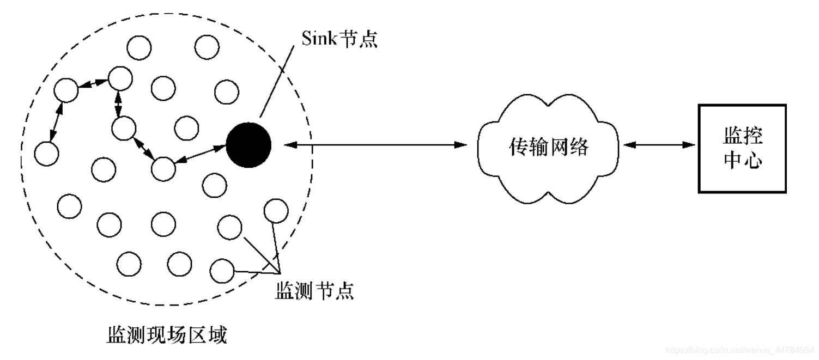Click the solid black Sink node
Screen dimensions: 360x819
248,145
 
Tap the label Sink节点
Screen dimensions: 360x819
339,39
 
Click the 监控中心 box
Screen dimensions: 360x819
742,148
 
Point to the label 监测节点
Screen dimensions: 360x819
313,291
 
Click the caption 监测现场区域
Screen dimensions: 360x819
166,335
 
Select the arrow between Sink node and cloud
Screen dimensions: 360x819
376,145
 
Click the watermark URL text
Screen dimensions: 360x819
740,348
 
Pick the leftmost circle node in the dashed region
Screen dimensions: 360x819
46,154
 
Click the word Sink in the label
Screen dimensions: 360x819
319,39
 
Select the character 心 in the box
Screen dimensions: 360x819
751,161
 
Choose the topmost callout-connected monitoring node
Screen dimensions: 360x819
276,211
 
